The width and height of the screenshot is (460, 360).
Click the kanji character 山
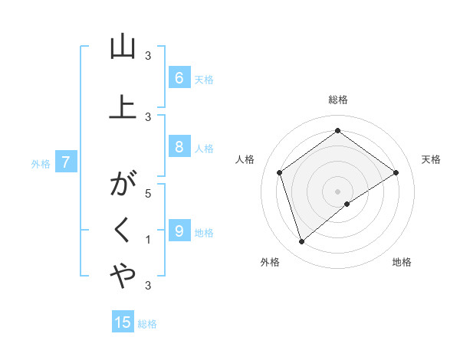[123, 47]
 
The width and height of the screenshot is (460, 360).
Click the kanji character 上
[123, 108]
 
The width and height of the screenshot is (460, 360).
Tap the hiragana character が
[123, 185]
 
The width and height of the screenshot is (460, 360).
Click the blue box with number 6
[179, 78]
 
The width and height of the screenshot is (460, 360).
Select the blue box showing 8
[179, 148]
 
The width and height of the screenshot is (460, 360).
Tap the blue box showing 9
[179, 231]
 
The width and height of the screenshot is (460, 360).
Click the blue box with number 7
[66, 162]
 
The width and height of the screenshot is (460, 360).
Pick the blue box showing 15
[123, 322]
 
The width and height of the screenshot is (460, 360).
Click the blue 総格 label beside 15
[147, 324]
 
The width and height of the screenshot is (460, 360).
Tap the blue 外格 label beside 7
[41, 163]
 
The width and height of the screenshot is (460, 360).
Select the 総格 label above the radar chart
[337, 100]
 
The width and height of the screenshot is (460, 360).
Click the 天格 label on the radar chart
[431, 159]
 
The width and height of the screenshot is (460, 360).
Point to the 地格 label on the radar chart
[402, 262]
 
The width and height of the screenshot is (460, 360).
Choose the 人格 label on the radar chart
[245, 159]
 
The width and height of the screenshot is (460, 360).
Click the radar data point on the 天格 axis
[396, 172]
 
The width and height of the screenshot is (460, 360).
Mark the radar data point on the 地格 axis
[347, 204]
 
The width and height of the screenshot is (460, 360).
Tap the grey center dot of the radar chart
[337, 191]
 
